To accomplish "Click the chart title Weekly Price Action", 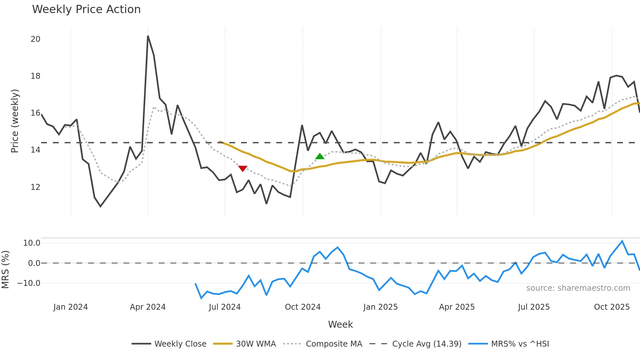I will (86, 9).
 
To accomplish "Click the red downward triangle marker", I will (243, 168).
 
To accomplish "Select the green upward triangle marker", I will (320, 156).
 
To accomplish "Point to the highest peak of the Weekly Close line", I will (148, 36).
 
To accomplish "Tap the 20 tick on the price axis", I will (35, 39).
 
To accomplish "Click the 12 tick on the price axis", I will (35, 187).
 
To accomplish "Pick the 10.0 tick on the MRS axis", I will (32, 243).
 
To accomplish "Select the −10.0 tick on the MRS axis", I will (29, 283).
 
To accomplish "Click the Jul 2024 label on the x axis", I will (225, 307).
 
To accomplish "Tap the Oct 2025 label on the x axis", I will (612, 307).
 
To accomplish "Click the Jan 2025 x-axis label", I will (380, 307).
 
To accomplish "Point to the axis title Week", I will (340, 324).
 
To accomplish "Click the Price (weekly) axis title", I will (15, 121).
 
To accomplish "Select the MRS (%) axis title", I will (5, 270).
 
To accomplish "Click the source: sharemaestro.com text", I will (578, 288).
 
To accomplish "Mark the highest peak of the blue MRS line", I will (622, 241).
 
